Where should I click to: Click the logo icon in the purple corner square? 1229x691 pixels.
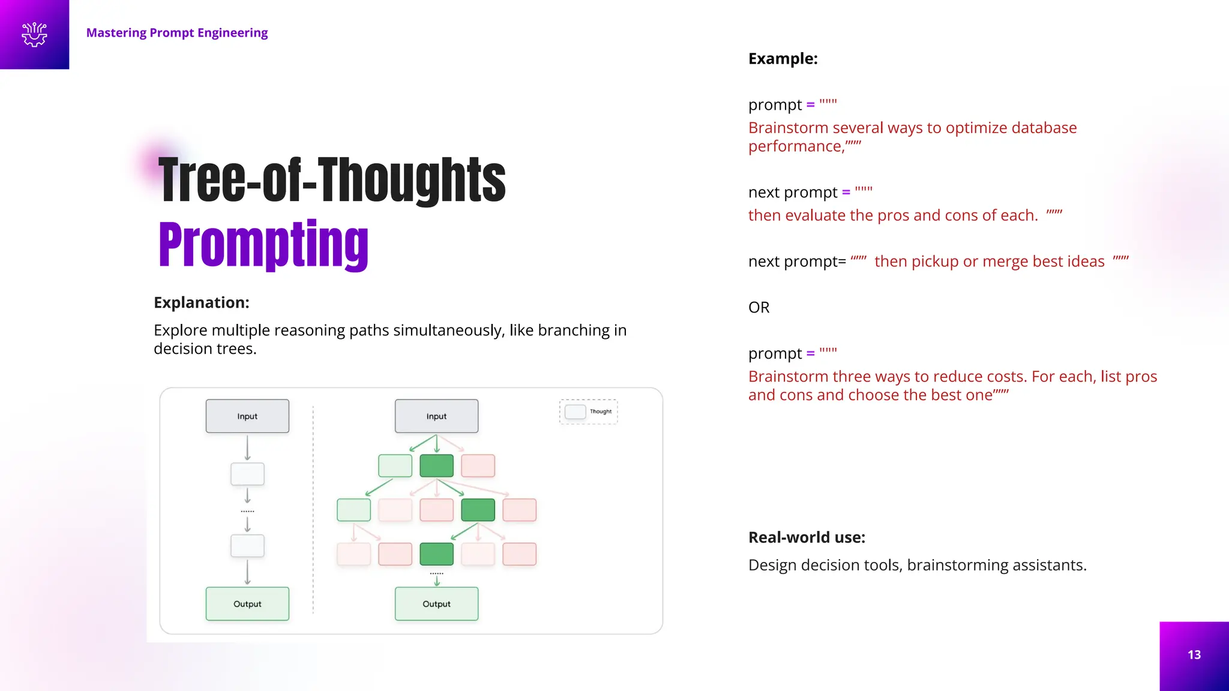pos(34,34)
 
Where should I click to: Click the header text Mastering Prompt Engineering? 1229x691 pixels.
pos(177,33)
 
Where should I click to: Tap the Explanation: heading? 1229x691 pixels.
pos(201,302)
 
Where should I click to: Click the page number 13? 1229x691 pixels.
pos(1194,655)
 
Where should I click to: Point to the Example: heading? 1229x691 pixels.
pos(783,59)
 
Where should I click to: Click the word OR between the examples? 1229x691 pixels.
pos(759,308)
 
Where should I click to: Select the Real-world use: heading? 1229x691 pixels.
pos(807,537)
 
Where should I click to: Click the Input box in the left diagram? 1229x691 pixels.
pos(247,416)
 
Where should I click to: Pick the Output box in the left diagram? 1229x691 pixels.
pos(247,604)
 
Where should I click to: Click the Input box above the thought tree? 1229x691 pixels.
pos(436,416)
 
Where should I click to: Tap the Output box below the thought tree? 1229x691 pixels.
pos(436,604)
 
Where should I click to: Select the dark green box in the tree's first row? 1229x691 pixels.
pos(436,466)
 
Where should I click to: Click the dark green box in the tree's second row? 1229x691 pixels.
pos(478,510)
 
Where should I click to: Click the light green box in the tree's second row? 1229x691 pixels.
pos(353,510)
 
